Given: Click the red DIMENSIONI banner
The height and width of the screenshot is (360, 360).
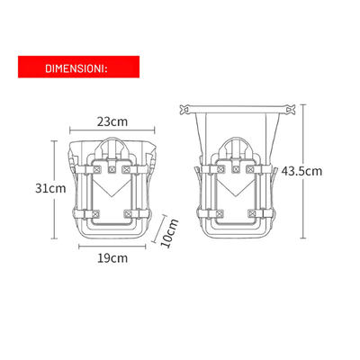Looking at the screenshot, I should pos(79,67).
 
